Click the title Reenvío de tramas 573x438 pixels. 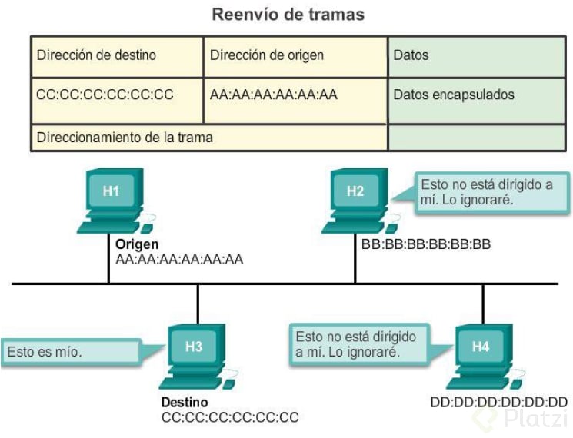point(288,15)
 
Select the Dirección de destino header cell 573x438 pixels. point(96,55)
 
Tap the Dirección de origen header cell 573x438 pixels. point(267,55)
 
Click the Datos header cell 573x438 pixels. point(411,55)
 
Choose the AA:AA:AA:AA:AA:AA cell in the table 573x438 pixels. point(274,95)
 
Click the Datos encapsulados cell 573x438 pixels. point(454,95)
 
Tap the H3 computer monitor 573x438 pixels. point(194,347)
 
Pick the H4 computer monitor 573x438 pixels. point(480,347)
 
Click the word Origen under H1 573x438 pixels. point(137,244)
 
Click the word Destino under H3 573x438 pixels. point(184,403)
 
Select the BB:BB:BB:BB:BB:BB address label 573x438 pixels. point(425,244)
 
